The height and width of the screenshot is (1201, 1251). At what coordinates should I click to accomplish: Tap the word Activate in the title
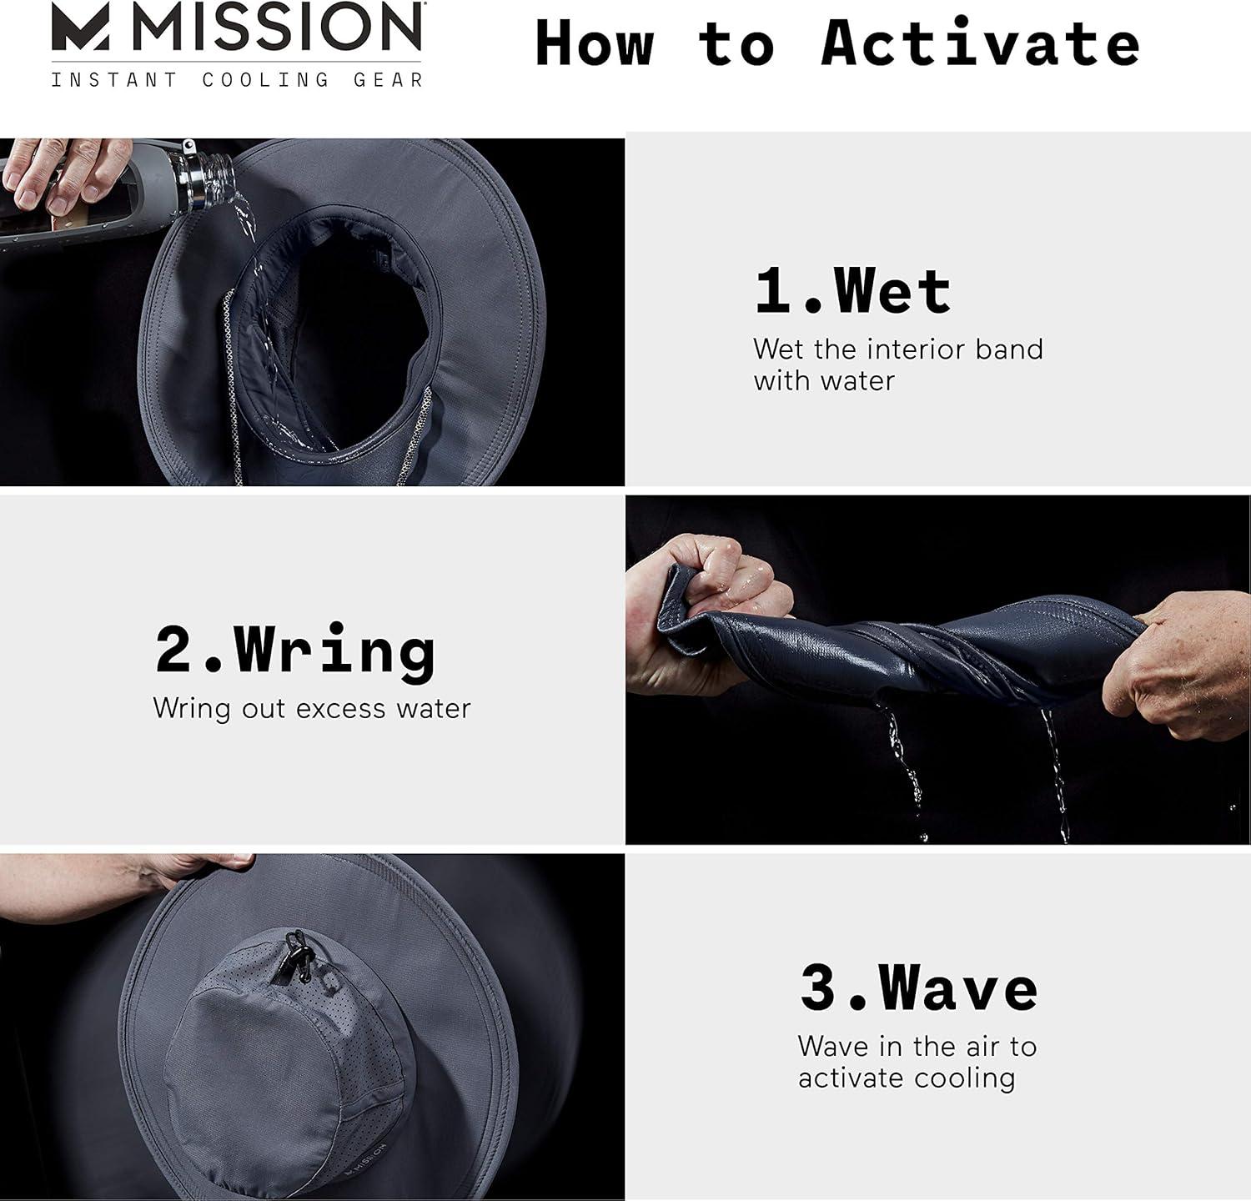point(981,43)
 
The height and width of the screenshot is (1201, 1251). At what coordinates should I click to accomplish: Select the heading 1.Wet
point(852,291)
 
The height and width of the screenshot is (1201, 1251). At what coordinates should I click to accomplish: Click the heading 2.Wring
point(295,651)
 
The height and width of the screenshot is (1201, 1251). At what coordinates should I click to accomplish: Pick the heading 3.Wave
point(918,987)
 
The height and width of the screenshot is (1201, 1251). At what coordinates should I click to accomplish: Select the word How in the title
point(594,43)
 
